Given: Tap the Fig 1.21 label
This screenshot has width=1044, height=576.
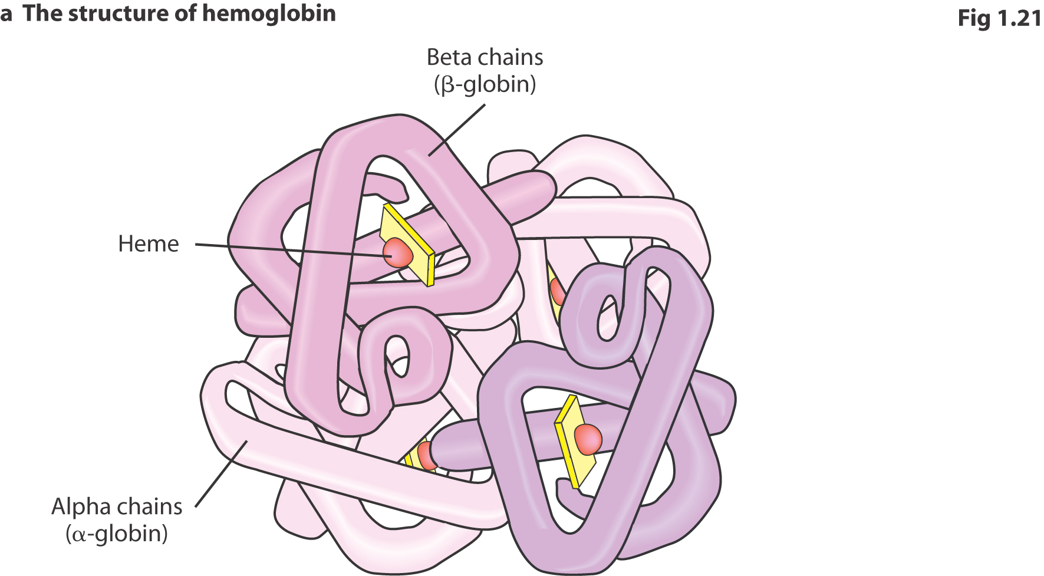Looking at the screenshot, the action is (1000, 18).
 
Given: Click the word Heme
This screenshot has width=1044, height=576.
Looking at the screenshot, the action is (149, 244).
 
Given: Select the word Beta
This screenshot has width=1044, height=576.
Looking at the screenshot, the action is (449, 57).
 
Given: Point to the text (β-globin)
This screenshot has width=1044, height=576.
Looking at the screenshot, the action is (485, 84).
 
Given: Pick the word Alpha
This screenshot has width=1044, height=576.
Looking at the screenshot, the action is (83, 507).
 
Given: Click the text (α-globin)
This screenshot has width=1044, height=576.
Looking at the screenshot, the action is (117, 534).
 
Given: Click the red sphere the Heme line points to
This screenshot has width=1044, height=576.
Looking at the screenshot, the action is (397, 252).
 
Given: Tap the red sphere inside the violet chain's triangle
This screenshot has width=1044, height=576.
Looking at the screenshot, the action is (588, 439).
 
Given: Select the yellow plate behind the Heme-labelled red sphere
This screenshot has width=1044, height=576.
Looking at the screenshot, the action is (407, 245).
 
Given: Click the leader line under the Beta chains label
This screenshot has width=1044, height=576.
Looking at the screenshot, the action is (457, 130).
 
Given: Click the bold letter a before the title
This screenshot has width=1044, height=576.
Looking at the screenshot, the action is (6, 15).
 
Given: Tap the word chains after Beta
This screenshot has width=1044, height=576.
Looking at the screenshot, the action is (511, 57).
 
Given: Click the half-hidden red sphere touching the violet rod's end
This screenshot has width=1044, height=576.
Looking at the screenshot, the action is (426, 456).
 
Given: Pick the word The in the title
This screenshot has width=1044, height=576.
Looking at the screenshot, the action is (42, 14).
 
